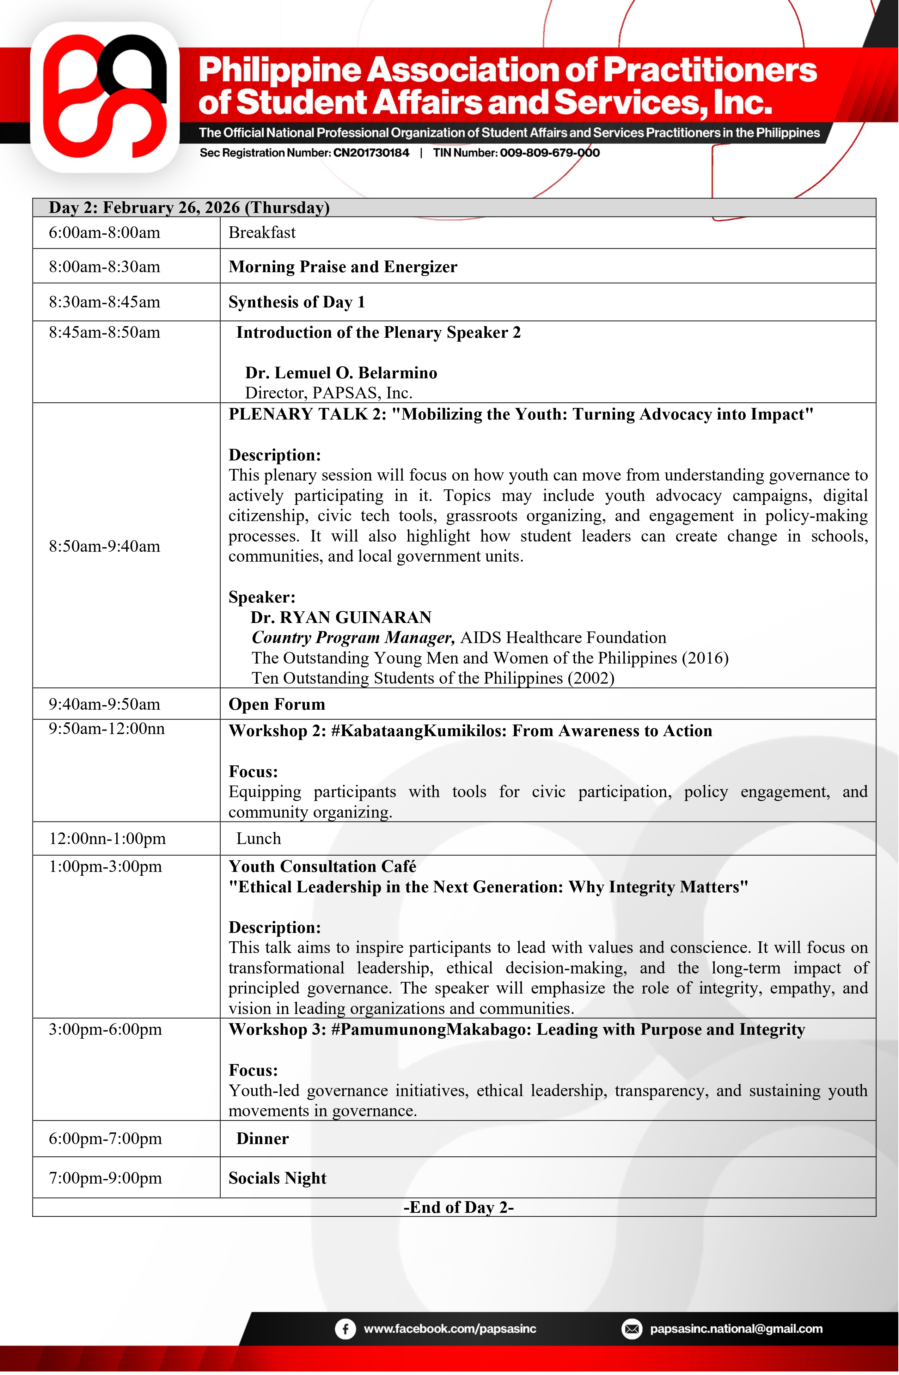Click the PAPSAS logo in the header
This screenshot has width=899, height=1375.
click(105, 97)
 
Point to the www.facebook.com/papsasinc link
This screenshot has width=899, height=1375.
click(449, 1328)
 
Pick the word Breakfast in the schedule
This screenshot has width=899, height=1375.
click(262, 233)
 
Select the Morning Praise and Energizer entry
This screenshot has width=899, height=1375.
click(343, 267)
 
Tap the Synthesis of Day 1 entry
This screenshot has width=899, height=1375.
click(296, 302)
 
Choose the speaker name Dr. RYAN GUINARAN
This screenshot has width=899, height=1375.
click(341, 618)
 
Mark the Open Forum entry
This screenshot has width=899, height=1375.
click(277, 704)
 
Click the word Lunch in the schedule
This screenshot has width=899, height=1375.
click(258, 838)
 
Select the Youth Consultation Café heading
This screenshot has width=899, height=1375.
click(322, 867)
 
